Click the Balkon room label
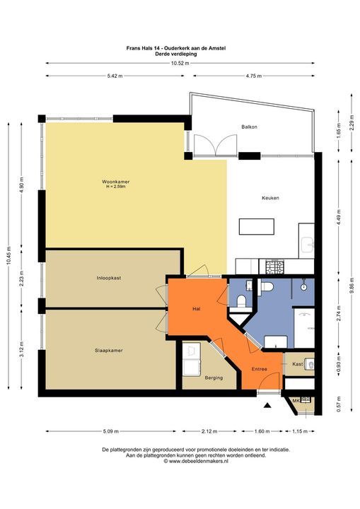pyautogui.click(x=249, y=127)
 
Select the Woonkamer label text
pyautogui.click(x=115, y=182)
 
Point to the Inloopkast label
pyautogui.click(x=109, y=278)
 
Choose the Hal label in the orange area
pyautogui.click(x=197, y=309)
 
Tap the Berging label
pyautogui.click(x=213, y=378)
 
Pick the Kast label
pyautogui.click(x=298, y=363)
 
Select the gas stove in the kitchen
pyautogui.click(x=273, y=267)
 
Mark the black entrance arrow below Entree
pyautogui.click(x=267, y=406)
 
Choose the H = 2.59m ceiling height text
pyautogui.click(x=115, y=187)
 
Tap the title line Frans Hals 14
pyautogui.click(x=180, y=47)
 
